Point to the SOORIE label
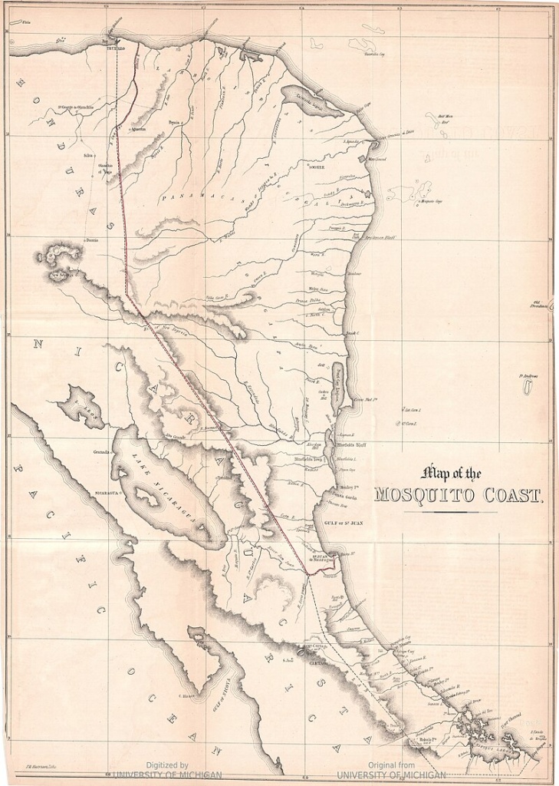coord(316,167)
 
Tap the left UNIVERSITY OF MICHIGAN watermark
coord(167,774)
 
